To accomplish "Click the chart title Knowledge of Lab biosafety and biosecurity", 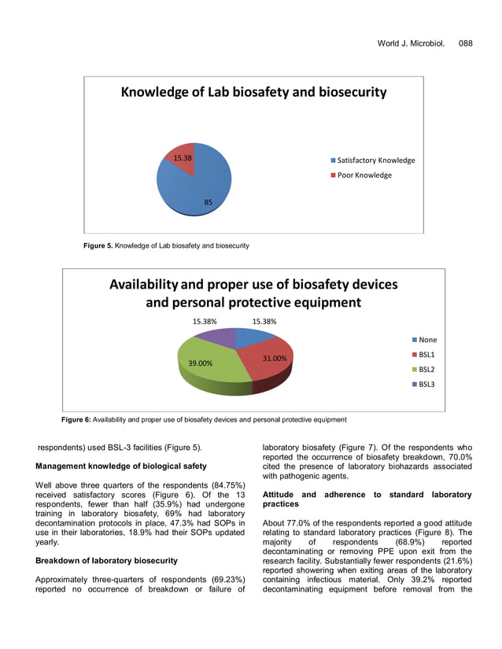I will pos(253,92).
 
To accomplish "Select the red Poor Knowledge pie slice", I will pos(181,157).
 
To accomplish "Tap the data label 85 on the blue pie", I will pos(208,202).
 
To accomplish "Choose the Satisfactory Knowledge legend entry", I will pos(375,160).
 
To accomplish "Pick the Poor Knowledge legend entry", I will pos(363,175).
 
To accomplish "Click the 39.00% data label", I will pos(200,363).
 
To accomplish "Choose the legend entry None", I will pos(426,340).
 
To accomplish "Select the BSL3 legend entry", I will pos(425,384).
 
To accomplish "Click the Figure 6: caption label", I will pos(76,419).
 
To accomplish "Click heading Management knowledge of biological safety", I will pos(121,466).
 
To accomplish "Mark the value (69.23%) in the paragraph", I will pos(224,579).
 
